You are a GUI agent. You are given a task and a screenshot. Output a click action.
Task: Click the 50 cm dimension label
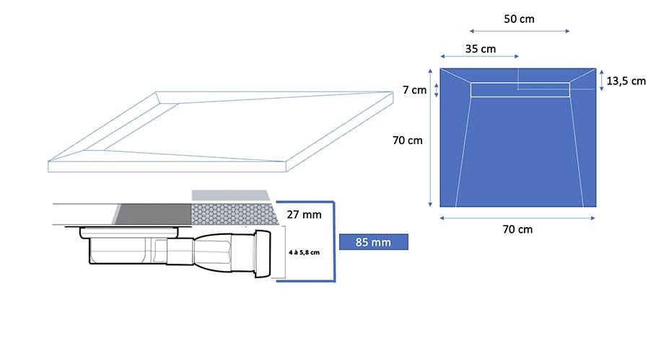point(519,19)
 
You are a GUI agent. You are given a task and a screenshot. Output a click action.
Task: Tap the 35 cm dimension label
point(480,49)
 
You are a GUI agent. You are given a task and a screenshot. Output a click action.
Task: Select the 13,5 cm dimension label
point(626,81)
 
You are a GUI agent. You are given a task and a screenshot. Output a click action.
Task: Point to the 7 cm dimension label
point(414,89)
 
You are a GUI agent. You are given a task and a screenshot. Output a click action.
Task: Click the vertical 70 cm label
point(408,141)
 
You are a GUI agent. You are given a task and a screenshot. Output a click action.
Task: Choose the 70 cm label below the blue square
point(517,229)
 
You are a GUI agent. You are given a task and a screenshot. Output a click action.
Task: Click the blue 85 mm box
point(374,242)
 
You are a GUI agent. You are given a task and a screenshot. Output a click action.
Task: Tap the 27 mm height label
point(305,215)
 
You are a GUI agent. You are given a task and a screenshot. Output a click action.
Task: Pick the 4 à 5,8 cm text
point(305,252)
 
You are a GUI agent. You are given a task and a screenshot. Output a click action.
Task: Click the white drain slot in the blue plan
point(520,90)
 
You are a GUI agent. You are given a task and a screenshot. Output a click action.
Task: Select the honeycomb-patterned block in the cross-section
point(234,214)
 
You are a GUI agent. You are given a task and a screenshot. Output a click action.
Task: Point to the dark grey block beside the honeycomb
point(152,214)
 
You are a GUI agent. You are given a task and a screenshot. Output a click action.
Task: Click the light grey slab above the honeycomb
point(231,195)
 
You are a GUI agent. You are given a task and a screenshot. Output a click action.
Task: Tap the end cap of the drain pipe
point(263,254)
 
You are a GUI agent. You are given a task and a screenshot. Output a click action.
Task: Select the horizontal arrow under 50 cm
point(520,31)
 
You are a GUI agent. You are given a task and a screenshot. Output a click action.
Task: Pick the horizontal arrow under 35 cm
point(479,56)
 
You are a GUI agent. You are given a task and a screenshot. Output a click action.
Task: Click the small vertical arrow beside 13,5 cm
point(601,80)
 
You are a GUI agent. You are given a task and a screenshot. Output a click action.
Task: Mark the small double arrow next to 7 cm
point(436,90)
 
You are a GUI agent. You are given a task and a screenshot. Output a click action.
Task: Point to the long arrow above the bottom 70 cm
point(517,218)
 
